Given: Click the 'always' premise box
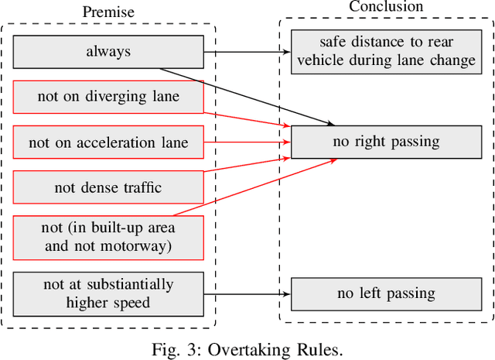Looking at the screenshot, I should pos(108,52).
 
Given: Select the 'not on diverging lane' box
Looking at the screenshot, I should pos(108,97).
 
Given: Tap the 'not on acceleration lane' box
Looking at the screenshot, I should pos(108,142).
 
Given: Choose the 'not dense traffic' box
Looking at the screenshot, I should pos(108,187).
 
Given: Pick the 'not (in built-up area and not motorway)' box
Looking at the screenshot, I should pos(108,237).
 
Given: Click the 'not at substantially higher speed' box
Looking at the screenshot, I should pos(108,293).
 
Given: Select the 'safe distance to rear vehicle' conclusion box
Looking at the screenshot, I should pos(387,51).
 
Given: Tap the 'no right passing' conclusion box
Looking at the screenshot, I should pos(387,142).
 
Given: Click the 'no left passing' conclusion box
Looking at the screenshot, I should pos(387,293).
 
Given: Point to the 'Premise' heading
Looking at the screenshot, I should pos(108,12).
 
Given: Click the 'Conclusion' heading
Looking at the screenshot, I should pos(386,7).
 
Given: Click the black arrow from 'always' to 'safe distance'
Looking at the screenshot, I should pos(247,52).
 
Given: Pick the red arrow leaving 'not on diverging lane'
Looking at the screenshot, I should pos(247,118).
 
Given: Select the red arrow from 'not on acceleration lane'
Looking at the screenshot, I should pos(247,142).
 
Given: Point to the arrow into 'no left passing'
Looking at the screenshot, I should pos(247,293).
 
